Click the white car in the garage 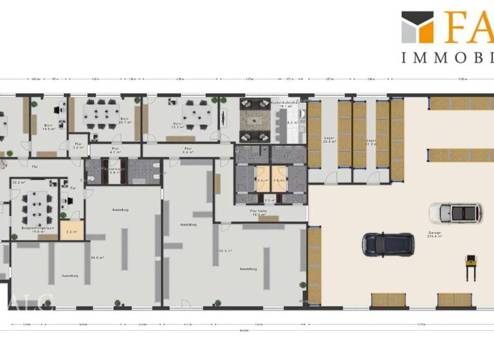pos(456,213)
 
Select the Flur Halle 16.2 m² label pos(258,213)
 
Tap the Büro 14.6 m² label pos(48,127)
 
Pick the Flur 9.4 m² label pos(188,150)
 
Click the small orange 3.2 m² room pos(71,232)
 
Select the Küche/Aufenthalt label pos(284,103)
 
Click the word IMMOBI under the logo pos(447,58)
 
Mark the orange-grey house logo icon pos(417,27)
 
